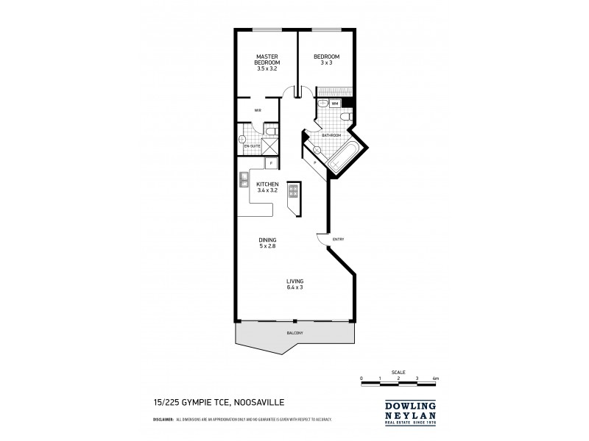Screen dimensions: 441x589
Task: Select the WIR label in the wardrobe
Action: pos(258,110)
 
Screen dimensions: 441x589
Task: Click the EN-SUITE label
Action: pos(253,146)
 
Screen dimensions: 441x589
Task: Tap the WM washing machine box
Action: pos(335,104)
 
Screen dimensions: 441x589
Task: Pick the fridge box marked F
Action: pos(270,162)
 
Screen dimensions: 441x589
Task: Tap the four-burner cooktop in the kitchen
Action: pos(292,191)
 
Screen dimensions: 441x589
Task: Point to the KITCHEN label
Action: pos(267,184)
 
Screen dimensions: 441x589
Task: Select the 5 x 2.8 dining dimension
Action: pos(267,246)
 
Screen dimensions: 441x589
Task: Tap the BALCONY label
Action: pos(294,334)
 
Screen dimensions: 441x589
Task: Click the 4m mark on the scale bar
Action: pos(436,378)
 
